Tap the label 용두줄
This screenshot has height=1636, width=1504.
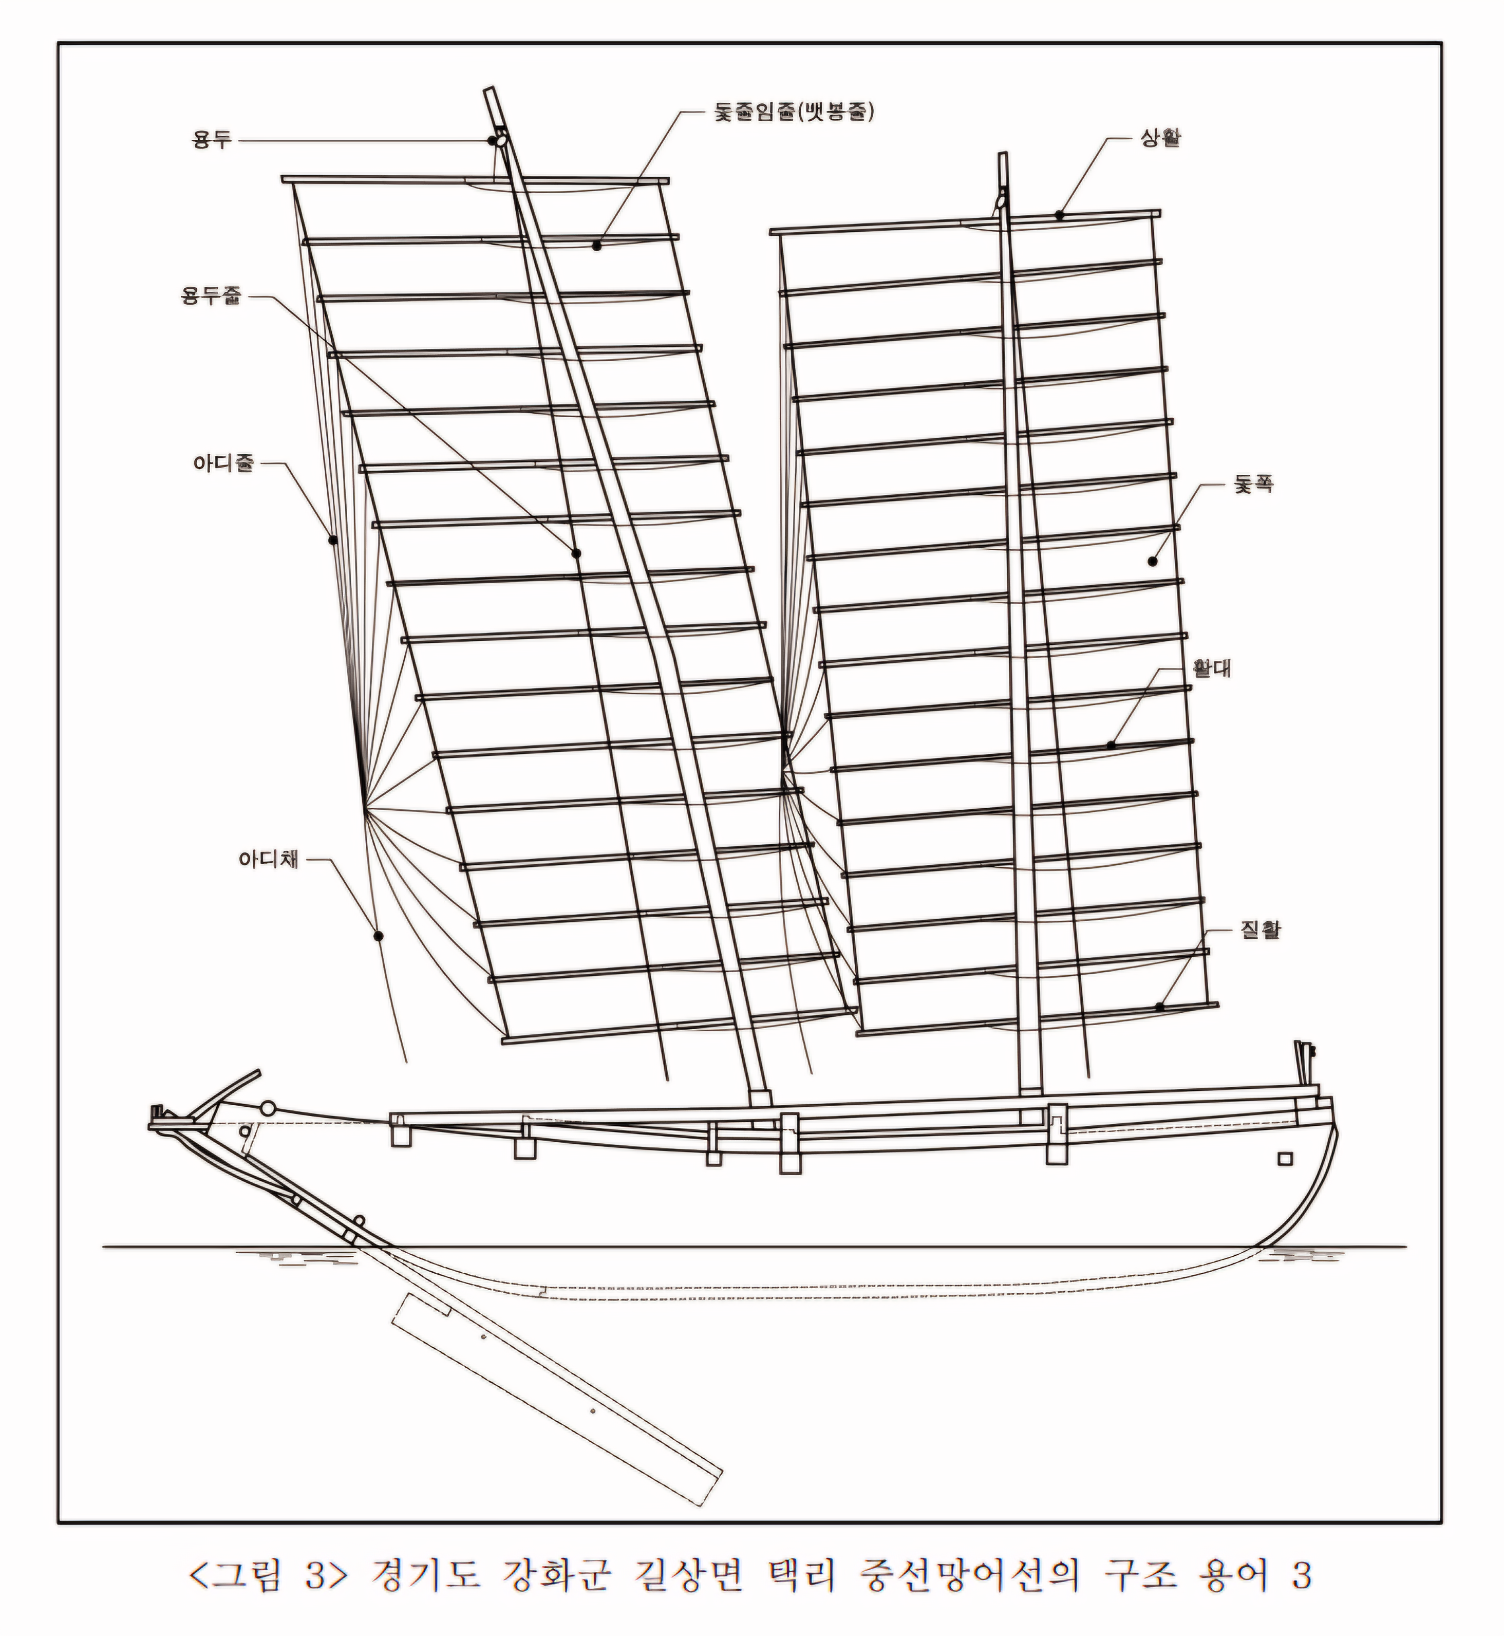[x=211, y=296]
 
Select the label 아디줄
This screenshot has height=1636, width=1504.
[x=223, y=464]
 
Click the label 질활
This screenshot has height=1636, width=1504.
[x=1261, y=929]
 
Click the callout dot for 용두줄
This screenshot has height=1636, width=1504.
[x=576, y=553]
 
